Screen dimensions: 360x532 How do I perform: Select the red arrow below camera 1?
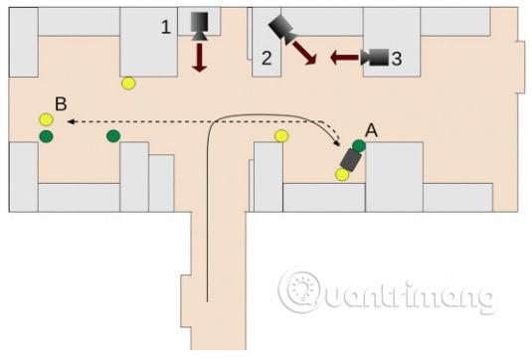coord(199,57)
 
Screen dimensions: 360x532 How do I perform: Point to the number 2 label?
coord(266,58)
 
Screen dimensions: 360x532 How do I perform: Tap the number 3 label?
coord(397,59)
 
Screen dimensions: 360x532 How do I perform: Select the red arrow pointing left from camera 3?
coord(344,58)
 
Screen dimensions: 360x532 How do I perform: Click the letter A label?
coord(372,129)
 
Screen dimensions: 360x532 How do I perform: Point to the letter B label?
coord(61,103)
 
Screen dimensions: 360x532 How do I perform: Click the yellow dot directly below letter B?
coord(46,120)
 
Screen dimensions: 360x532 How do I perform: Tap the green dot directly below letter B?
coord(46,135)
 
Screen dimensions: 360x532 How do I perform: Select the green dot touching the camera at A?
coord(359,145)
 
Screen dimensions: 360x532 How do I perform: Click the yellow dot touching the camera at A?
coord(342,174)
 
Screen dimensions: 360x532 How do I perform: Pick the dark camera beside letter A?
coord(350,160)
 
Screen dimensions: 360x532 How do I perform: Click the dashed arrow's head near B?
coord(73,121)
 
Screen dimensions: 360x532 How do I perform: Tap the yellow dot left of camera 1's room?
coord(128,84)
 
